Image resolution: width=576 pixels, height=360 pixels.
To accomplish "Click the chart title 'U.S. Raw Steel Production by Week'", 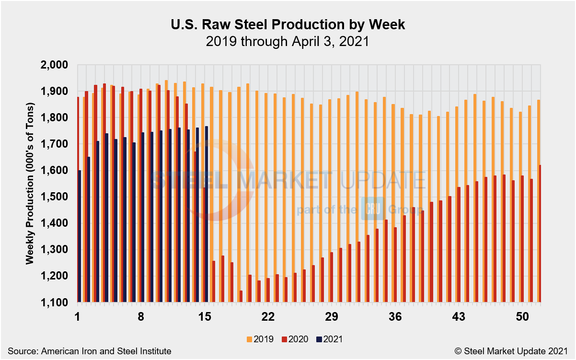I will pos(288,25).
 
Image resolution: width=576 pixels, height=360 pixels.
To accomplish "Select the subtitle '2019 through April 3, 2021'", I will pos(288,41).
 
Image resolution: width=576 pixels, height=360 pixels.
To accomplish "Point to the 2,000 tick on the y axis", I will pos(56,65).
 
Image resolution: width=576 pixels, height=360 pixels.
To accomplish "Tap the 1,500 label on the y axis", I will pos(56,197).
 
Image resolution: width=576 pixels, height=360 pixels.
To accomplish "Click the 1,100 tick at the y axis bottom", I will pos(56,302).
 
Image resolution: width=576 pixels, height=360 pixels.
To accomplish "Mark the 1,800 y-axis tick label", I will pos(56,118).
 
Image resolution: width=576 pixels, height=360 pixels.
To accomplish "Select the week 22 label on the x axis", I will pos(268,317).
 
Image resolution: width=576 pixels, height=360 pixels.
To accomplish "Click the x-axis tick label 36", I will pos(395,317).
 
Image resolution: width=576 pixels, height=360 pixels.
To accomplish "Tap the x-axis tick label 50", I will pos(522,317).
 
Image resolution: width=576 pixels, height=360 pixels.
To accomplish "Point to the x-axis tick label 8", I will pos(141,317).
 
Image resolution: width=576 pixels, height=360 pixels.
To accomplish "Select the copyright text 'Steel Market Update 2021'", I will pos(519,351).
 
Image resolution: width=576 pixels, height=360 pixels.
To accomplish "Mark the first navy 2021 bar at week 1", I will pos(80,236).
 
